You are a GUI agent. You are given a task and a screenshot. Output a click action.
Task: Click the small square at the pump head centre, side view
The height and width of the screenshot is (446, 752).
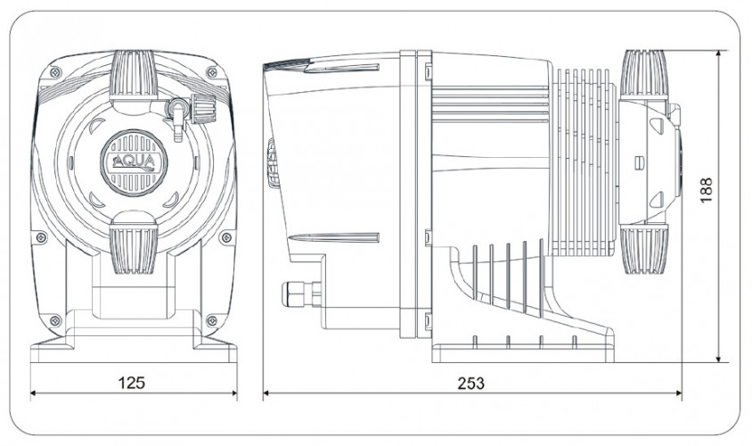pyautogui.click(x=637, y=162)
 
